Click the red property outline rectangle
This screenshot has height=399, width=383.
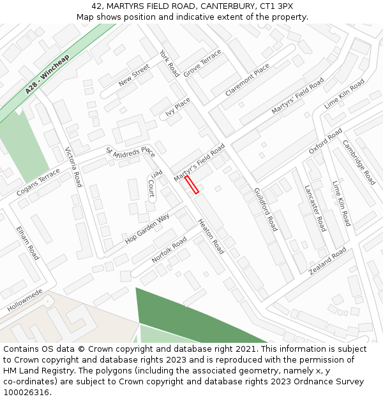(191, 185)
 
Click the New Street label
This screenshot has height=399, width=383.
(134, 75)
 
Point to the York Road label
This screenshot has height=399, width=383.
(169, 63)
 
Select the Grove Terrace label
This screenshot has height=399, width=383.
(202, 63)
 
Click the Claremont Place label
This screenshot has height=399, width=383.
(247, 80)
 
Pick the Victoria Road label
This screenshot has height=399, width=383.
(73, 167)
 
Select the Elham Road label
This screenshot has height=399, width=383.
(28, 243)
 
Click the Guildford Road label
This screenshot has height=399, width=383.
(265, 209)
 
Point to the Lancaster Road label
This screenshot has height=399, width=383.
(315, 208)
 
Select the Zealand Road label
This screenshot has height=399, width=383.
(327, 261)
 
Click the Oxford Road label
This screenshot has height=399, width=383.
(326, 140)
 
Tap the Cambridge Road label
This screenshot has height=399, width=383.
(359, 162)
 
